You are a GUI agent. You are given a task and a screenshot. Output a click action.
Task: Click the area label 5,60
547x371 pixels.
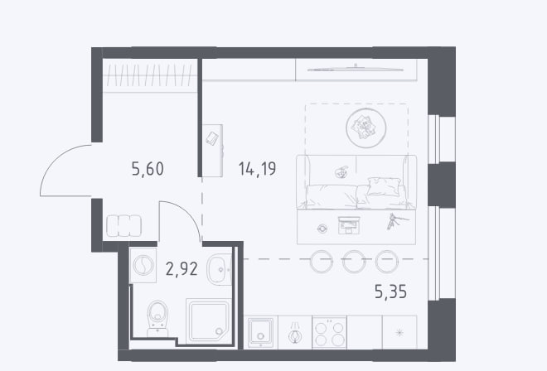[x=148, y=169]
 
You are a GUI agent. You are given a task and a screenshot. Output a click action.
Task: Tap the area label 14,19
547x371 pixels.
[x=258, y=169]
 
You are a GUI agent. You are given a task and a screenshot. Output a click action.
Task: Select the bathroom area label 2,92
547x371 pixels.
[x=182, y=269]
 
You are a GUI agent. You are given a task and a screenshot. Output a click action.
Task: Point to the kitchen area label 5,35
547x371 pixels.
[x=390, y=291]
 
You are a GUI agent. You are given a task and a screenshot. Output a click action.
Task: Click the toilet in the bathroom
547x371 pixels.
[x=157, y=318]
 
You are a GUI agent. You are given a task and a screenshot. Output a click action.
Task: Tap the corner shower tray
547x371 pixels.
[x=208, y=321]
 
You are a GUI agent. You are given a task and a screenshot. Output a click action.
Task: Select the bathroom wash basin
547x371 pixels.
[x=219, y=269]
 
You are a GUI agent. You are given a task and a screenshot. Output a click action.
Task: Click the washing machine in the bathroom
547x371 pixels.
[x=143, y=265]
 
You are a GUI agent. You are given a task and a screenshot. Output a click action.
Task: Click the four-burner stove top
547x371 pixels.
[x=329, y=332]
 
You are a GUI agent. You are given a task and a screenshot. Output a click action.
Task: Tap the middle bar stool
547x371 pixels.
[x=354, y=261]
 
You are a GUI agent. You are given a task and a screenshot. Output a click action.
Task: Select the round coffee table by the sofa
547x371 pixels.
[x=366, y=128]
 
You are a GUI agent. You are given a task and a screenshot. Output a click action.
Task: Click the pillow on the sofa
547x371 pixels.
[x=384, y=186]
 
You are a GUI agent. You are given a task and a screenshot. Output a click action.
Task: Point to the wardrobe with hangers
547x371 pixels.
[x=150, y=75]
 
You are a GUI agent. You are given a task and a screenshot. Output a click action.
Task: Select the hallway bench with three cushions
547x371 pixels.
[x=123, y=225]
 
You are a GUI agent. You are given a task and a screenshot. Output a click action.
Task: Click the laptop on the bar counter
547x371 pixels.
[x=349, y=225]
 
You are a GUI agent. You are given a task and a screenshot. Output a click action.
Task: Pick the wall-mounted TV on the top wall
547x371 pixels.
[x=355, y=70]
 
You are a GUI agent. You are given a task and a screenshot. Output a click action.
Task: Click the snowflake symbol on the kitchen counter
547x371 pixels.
[x=399, y=332]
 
